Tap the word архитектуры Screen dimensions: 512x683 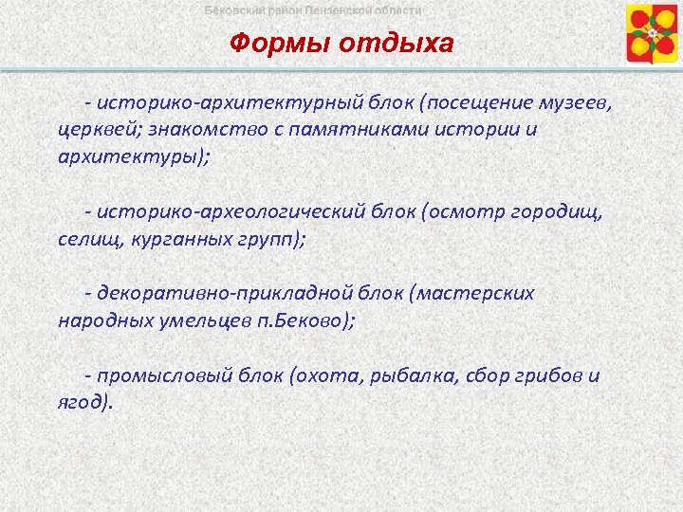[x=129, y=155]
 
